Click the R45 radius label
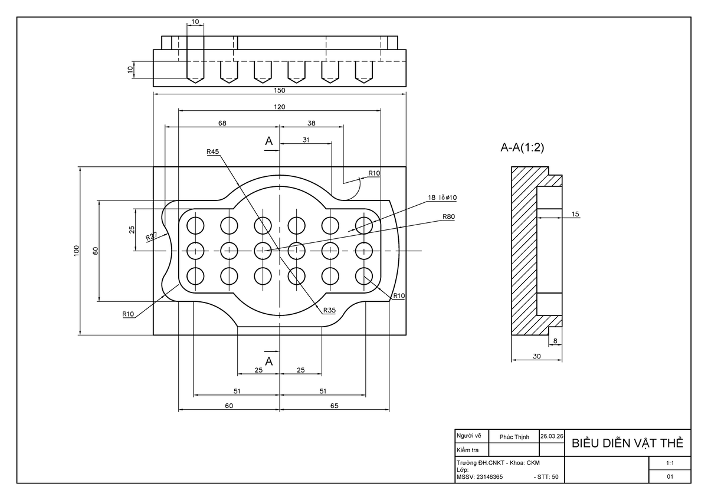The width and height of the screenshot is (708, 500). tap(213, 152)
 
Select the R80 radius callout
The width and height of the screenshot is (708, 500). tap(448, 216)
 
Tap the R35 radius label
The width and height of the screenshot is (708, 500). tap(329, 310)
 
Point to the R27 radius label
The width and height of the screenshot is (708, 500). tap(152, 236)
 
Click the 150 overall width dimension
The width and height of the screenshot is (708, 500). tap(280, 90)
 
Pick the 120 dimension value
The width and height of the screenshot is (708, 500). tap(280, 107)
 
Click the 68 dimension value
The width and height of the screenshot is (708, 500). tap(222, 123)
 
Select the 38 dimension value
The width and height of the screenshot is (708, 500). tap(312, 123)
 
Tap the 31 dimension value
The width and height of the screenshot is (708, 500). tap(306, 140)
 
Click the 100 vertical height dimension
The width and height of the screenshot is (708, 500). tap(77, 251)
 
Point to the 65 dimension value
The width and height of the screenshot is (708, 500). tap(334, 406)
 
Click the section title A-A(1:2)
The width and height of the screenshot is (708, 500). tap(522, 147)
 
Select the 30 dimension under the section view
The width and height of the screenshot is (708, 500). tap(537, 356)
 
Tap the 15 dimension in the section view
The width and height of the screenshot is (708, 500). tap(575, 214)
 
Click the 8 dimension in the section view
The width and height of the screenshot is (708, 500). tap(555, 341)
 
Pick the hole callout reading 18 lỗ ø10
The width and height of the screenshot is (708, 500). tap(442, 198)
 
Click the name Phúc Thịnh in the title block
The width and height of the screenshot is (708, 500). tap(514, 437)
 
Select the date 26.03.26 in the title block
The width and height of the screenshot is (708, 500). tap(552, 436)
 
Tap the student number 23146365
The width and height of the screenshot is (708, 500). tap(489, 477)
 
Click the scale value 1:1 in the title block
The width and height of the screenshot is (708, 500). tap(670, 463)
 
